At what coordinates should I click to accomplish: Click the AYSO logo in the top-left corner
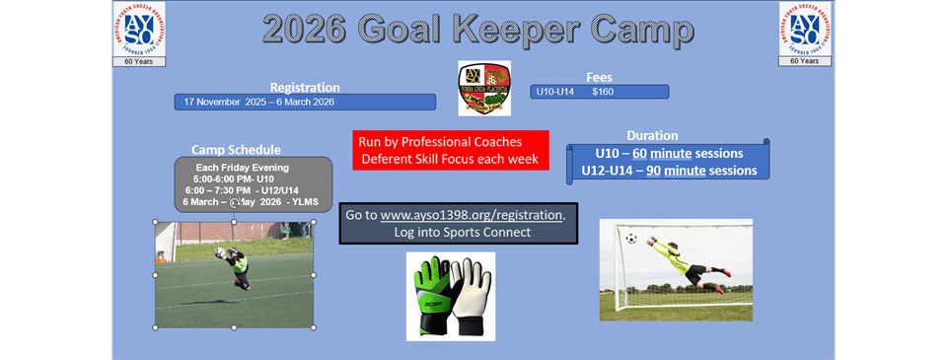pos(139,29)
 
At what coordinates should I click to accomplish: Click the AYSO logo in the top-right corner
pos(805,29)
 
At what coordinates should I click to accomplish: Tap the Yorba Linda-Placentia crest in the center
pos(484,89)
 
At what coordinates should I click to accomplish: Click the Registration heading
pos(305,87)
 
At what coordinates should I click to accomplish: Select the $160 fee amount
pos(603,92)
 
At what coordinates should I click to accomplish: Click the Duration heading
pos(652,135)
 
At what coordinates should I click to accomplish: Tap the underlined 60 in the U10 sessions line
pos(640,154)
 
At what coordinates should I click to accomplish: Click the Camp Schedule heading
pos(236,150)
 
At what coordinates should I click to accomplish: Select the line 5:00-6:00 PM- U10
pos(234,179)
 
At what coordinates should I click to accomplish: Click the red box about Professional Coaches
pos(450,150)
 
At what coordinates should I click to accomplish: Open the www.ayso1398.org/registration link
pos(471,214)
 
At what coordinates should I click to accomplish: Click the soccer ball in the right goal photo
pos(631,238)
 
